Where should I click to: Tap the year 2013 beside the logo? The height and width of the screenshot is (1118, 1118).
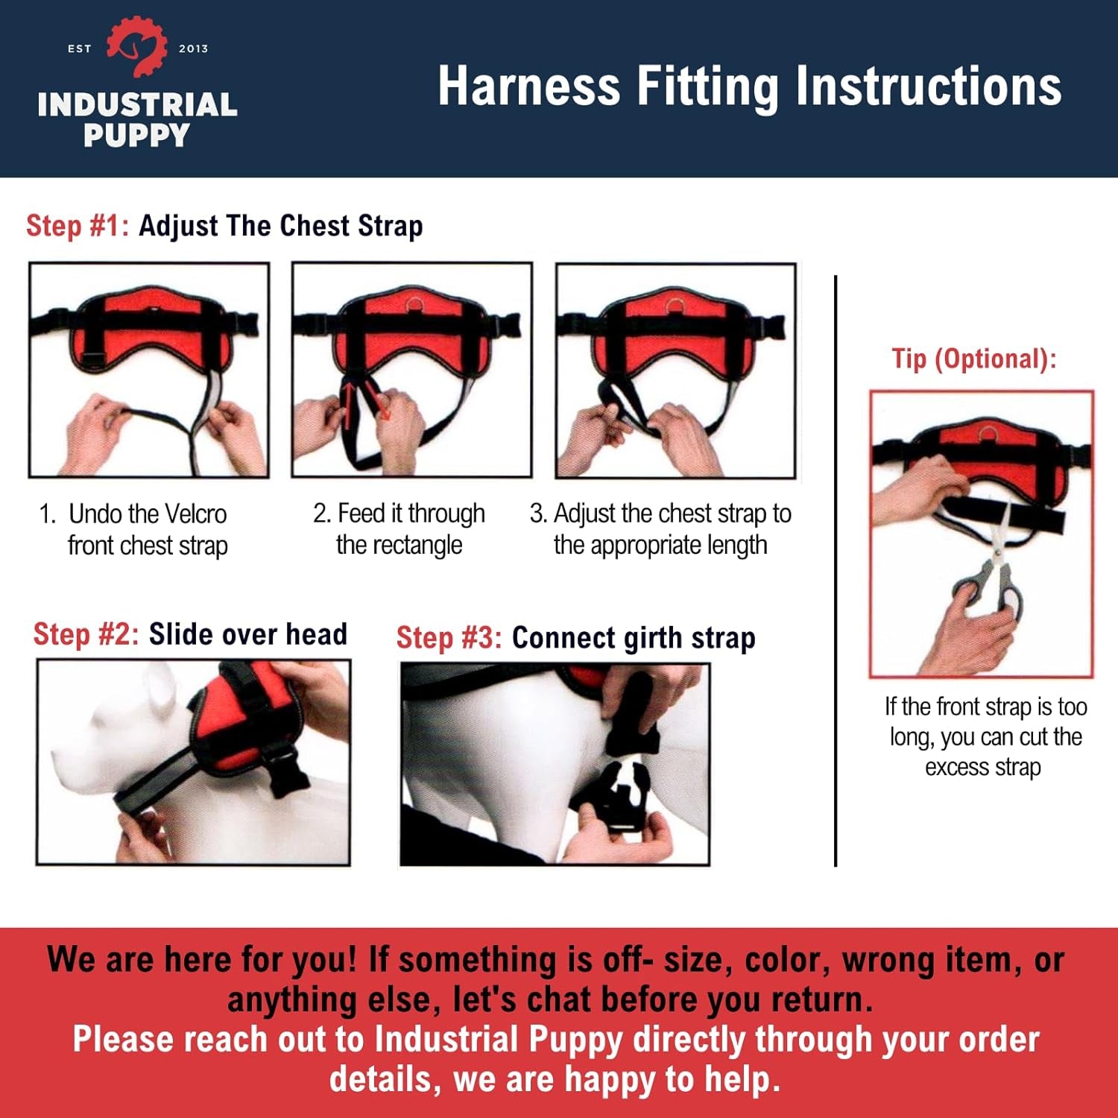click(x=193, y=48)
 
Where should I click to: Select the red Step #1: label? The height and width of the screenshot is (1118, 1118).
click(x=78, y=225)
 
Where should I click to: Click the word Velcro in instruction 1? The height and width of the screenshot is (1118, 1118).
click(x=195, y=514)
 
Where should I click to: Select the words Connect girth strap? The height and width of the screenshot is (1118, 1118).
click(x=634, y=638)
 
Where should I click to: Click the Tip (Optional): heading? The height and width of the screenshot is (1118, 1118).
click(x=974, y=359)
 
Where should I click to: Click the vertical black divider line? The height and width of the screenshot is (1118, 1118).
click(x=836, y=570)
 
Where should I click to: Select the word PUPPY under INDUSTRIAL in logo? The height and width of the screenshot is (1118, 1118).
click(x=136, y=136)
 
